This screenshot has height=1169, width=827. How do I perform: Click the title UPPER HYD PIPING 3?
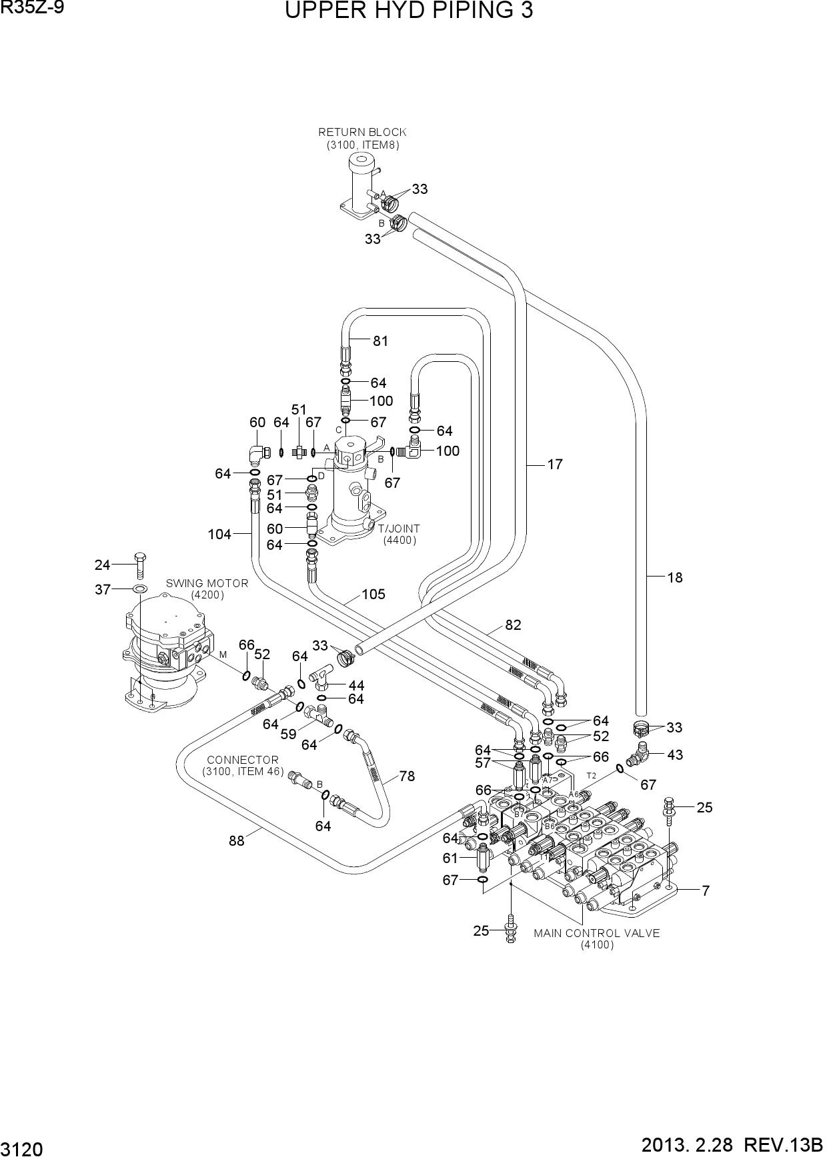click(409, 11)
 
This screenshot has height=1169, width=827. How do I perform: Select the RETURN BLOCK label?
click(362, 132)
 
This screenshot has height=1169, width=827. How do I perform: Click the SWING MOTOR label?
click(207, 583)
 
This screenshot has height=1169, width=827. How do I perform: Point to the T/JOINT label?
click(399, 529)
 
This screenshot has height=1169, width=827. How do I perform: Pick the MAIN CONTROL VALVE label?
click(596, 933)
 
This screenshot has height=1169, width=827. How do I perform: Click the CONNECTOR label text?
click(243, 760)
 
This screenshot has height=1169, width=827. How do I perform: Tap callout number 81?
click(380, 341)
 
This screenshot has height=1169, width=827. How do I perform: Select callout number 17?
click(555, 465)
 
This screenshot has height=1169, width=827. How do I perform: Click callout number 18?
click(675, 578)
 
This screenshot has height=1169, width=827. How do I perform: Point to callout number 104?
click(219, 535)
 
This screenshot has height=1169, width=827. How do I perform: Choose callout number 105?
click(373, 594)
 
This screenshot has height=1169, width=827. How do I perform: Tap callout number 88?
click(237, 841)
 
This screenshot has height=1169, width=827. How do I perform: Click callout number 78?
click(407, 776)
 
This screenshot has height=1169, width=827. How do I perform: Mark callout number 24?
click(101, 565)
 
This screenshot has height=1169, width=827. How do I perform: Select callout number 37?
click(102, 590)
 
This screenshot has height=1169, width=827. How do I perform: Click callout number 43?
click(675, 755)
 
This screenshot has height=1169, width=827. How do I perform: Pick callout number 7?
click(706, 890)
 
